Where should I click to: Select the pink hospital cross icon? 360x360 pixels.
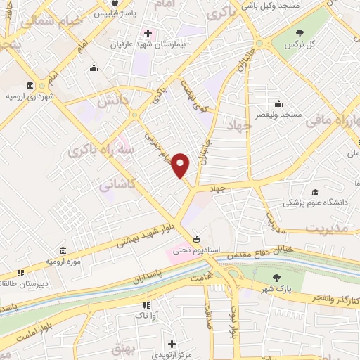[148, 33]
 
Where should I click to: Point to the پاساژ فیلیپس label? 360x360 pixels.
[112, 13]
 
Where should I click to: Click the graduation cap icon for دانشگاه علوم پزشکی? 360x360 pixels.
[315, 192]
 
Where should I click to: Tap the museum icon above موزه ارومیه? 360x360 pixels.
[63, 251]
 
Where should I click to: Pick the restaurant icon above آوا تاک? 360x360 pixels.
[146, 305]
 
